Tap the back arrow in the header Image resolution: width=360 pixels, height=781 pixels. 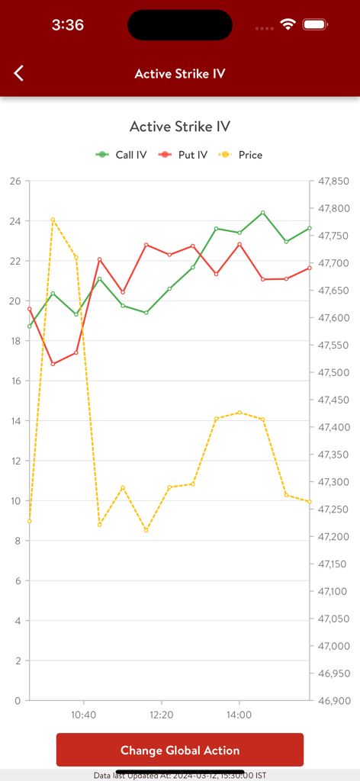pyautogui.click(x=19, y=73)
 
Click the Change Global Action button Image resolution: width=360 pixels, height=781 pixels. pyautogui.click(x=180, y=750)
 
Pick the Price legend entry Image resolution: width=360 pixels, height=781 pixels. pyautogui.click(x=242, y=155)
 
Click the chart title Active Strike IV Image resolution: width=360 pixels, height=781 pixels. pyautogui.click(x=180, y=127)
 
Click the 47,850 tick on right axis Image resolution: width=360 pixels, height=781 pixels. pyautogui.click(x=333, y=182)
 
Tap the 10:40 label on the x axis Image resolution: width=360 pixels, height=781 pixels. pyautogui.click(x=83, y=715)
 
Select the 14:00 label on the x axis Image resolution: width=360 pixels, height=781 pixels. pyautogui.click(x=239, y=715)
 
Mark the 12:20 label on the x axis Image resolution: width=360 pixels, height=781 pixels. pyautogui.click(x=161, y=715)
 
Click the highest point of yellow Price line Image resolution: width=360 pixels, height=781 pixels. pyautogui.click(x=53, y=220)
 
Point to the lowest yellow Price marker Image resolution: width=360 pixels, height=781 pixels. pyautogui.click(x=146, y=530)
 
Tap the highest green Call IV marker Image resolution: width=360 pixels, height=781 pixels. pyautogui.click(x=262, y=213)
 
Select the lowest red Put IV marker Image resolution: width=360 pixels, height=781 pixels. pyautogui.click(x=53, y=364)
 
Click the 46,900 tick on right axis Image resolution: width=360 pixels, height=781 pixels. pyautogui.click(x=333, y=700)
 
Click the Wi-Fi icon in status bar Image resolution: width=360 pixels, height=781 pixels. pyautogui.click(x=288, y=24)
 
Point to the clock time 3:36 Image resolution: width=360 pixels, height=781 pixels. pyautogui.click(x=67, y=25)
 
